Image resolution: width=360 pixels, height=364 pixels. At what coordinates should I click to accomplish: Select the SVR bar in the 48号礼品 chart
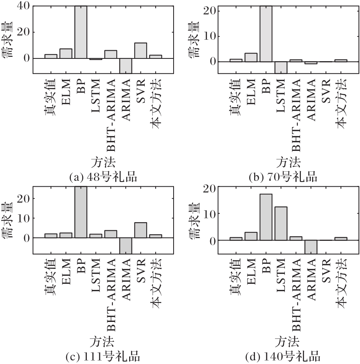click(x=140, y=51)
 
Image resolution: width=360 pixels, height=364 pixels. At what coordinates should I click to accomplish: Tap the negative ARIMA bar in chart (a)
click(x=126, y=65)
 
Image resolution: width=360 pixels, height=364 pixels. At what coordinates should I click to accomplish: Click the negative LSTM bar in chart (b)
click(x=281, y=67)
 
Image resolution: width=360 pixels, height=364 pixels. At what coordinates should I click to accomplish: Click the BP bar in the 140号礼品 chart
click(x=266, y=217)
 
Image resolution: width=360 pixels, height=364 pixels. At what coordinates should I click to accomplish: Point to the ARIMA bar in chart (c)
click(x=126, y=245)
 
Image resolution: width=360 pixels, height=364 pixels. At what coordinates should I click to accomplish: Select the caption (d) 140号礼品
click(x=284, y=356)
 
